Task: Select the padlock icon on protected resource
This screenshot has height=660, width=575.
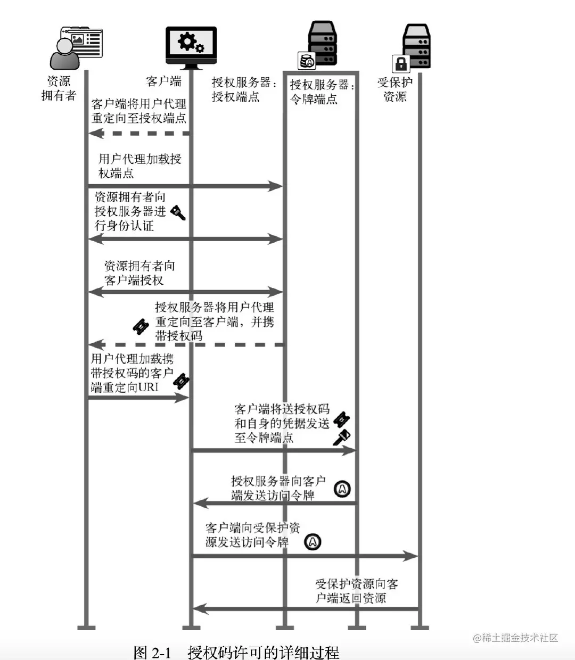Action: coord(400,64)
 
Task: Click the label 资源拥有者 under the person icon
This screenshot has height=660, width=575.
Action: coord(59,88)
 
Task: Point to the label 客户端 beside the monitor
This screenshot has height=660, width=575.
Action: coord(163,81)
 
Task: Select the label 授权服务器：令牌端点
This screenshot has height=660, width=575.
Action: coord(322,92)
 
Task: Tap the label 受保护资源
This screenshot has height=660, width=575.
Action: coord(395,89)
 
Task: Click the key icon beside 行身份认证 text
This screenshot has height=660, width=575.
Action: coord(178,213)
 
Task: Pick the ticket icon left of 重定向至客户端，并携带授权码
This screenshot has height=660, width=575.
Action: coord(140,326)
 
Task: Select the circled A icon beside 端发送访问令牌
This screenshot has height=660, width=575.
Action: coord(342,488)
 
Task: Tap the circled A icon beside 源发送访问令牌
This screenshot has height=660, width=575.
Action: coord(313,542)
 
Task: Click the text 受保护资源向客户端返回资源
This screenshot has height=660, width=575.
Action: coord(356,591)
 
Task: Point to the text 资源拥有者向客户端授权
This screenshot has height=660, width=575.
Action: coord(139,273)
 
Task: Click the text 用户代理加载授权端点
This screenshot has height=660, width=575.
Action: coord(139,166)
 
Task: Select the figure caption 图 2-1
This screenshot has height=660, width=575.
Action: coord(152,652)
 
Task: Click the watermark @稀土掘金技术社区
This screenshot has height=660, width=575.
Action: coord(515,638)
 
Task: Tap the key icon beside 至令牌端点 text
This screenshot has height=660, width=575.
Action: coord(341,436)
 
